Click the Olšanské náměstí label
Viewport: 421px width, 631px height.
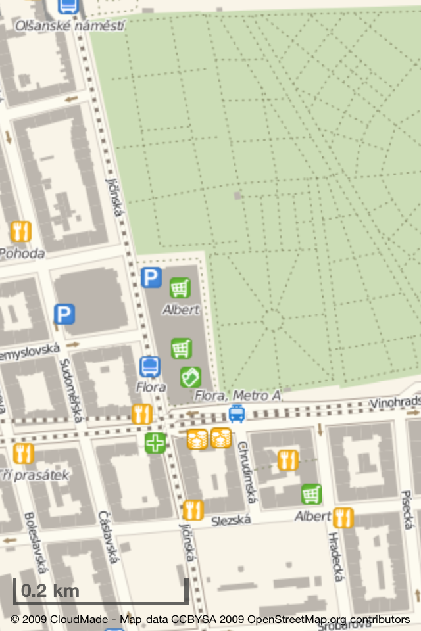pos(70,25)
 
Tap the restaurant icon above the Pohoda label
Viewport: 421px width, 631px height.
pos(21,231)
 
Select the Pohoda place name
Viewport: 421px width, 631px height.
pos(22,253)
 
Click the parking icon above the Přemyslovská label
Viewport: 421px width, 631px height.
pos(64,314)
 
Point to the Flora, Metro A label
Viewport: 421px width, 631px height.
pos(237,396)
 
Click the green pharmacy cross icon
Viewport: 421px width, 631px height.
pos(156,443)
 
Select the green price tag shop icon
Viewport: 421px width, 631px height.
pos(191,377)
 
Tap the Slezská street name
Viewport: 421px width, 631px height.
pos(231,520)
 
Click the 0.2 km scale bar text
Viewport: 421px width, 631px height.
pos(50,590)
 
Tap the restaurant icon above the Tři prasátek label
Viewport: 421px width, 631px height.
pos(23,454)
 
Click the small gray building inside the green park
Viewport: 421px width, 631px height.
pos(237,195)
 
